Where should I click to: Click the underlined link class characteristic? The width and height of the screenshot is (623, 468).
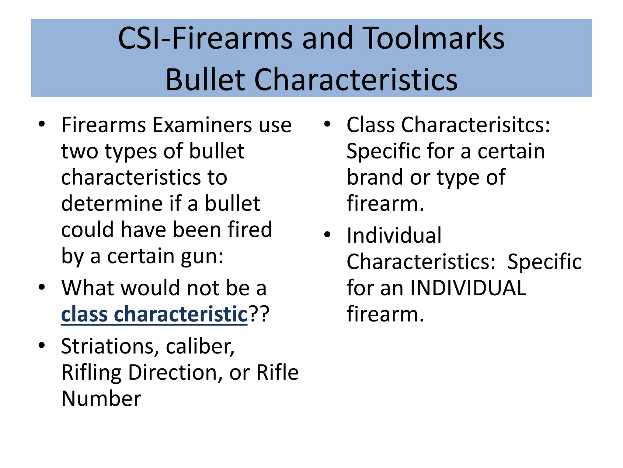coord(154,314)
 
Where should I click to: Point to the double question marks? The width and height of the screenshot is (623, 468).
coord(259,314)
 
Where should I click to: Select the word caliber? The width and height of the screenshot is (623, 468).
coord(200,346)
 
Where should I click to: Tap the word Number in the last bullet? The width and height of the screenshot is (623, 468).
coord(101,399)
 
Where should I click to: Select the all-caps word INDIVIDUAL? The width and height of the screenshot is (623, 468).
coord(468,288)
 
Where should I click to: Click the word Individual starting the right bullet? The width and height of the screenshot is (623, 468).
coord(394,236)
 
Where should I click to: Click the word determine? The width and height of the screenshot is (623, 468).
coord(112,204)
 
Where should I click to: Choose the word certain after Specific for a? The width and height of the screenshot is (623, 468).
coord(511,151)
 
